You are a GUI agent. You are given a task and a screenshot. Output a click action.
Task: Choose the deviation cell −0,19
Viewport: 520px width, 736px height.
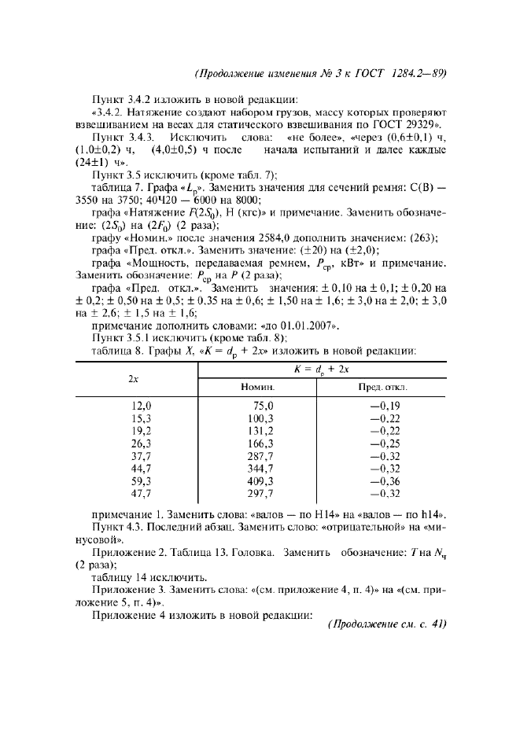pos(385,405)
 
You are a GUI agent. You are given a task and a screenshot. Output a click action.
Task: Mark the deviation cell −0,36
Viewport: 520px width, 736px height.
pos(385,480)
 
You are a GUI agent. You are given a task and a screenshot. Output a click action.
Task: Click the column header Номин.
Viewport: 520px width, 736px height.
pos(257,387)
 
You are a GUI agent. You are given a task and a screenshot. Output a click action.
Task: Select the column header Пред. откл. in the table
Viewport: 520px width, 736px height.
pos(384,387)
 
